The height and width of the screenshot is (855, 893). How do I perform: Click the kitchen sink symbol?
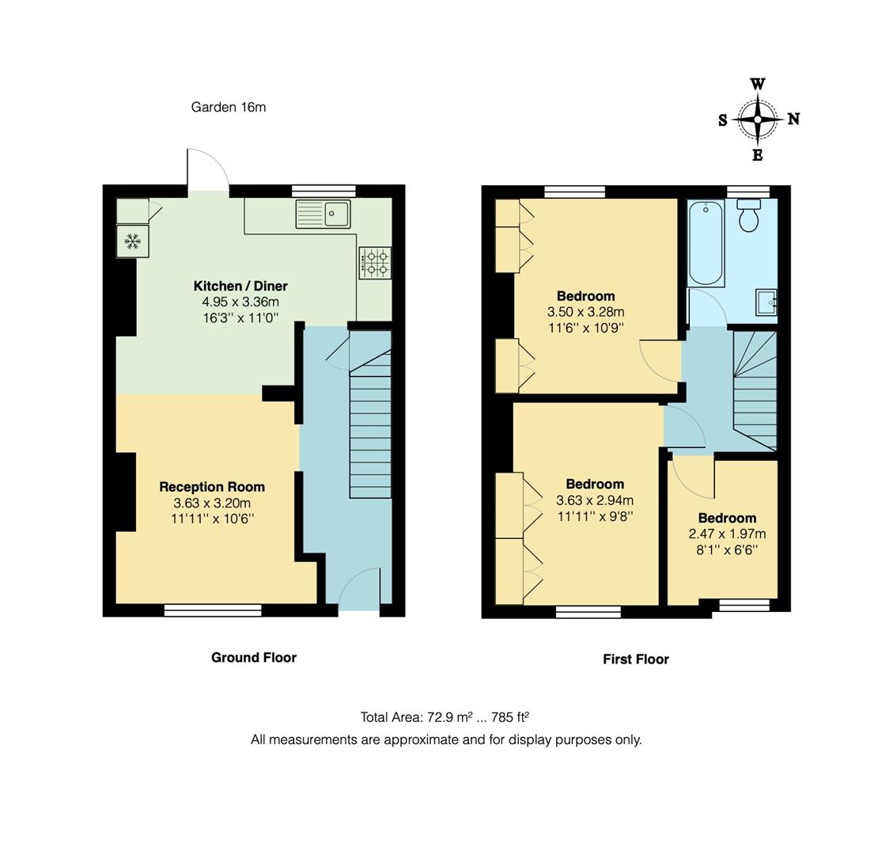[x=323, y=214]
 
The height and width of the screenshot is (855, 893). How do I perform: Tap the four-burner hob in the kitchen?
[x=375, y=263]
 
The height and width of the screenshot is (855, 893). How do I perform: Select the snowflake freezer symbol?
[x=132, y=241]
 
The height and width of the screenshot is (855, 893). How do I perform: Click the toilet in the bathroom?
[x=749, y=215]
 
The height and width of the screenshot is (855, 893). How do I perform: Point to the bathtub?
[x=706, y=243]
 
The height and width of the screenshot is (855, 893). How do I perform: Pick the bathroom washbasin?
[x=766, y=302]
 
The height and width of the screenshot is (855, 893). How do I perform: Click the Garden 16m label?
[x=228, y=107]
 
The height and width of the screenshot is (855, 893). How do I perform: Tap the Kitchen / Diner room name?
[x=240, y=286]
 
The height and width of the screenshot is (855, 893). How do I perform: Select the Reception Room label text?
[x=212, y=487]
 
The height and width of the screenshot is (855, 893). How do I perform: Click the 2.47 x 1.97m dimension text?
[x=727, y=534]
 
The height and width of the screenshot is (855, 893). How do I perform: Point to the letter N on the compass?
[x=793, y=120]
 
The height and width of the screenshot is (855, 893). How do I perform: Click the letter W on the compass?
[x=757, y=84]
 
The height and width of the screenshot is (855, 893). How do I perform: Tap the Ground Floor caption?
[x=253, y=657]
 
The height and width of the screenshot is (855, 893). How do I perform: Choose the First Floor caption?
[x=635, y=659]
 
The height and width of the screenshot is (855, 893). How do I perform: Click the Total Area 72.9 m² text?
[x=445, y=717]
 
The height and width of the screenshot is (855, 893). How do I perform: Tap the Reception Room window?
[x=213, y=610]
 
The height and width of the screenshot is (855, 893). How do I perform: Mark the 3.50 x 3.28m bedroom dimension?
[x=585, y=312]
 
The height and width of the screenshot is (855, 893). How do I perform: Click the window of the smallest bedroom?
[x=744, y=606]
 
